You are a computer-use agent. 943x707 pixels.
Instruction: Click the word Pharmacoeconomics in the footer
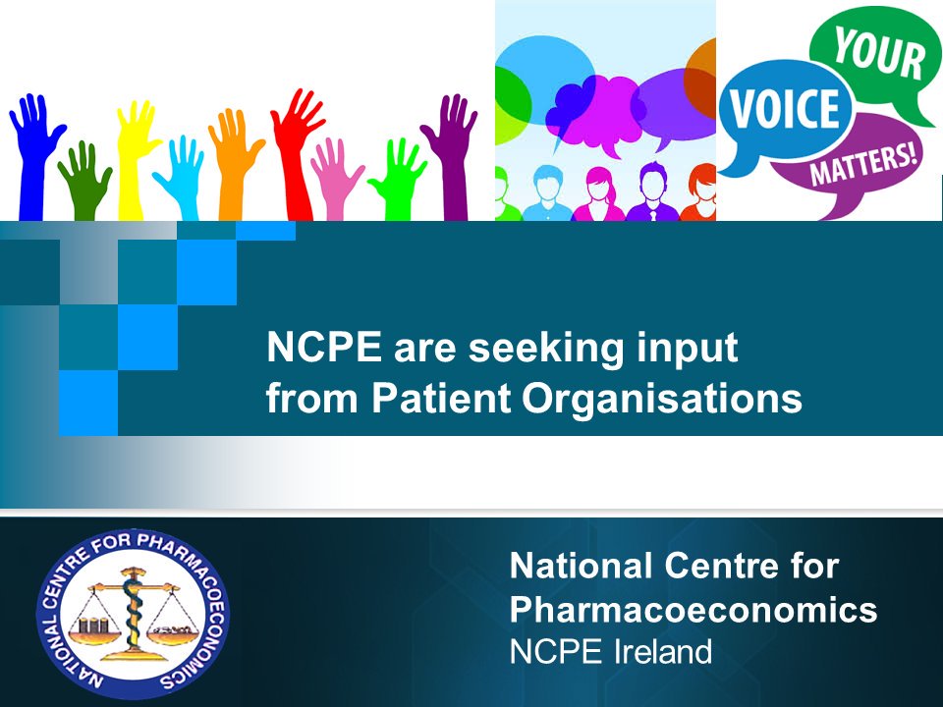(x=693, y=610)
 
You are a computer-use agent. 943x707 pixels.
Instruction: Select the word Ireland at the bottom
(x=659, y=652)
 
